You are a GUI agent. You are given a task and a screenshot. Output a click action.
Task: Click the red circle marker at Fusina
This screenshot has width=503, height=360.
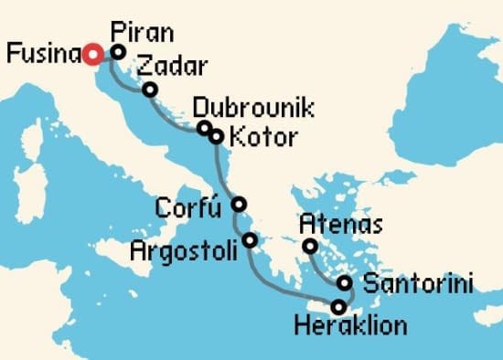coord(91,55)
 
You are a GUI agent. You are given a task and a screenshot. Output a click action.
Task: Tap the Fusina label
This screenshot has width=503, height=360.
coord(42,55)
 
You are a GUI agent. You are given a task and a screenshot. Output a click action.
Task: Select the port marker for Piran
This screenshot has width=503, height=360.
coord(117,52)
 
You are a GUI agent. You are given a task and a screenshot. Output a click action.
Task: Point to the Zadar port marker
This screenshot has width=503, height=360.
coord(149,89)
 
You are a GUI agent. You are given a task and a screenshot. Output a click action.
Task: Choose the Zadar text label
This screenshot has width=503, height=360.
coord(171,67)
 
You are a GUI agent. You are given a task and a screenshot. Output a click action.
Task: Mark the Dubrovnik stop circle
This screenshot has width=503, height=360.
coord(204,128)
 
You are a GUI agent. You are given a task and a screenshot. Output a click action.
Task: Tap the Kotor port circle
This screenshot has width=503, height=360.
coord(216,137)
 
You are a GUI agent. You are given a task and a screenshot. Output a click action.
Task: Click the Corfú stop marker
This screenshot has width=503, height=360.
coord(239,204)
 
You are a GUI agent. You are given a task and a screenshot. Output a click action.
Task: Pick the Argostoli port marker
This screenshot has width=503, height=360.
coord(250,241)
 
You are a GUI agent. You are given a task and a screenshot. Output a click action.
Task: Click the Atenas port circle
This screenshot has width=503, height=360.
coord(310,246)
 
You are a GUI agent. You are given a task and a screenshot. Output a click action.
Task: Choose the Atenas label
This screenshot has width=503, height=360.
coord(341,224)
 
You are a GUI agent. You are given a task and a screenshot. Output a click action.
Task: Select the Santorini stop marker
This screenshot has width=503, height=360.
coord(344,282)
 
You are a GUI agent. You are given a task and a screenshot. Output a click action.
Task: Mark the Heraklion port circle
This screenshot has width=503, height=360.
coord(338,306)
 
